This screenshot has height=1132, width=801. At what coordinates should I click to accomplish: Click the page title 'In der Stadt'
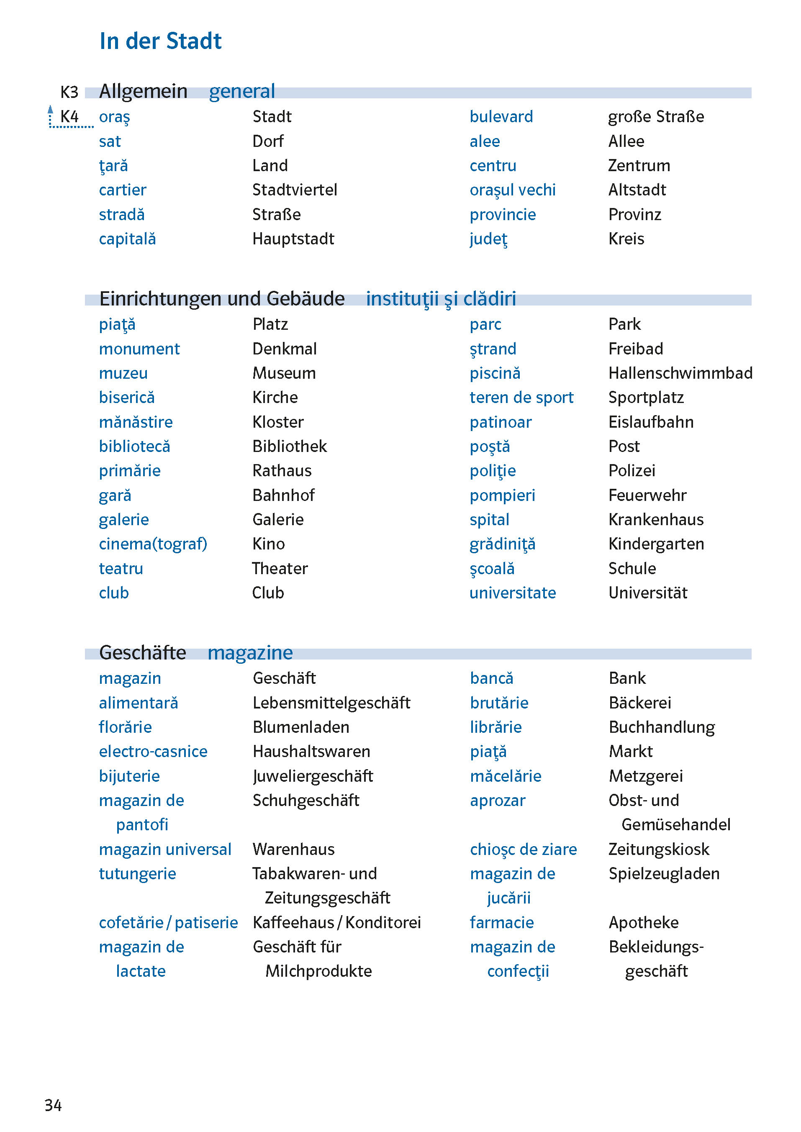160,41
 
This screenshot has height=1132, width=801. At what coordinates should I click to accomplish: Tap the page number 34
53,1105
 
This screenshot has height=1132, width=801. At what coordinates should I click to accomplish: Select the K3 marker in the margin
69,92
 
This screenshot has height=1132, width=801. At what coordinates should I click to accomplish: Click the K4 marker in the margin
69,117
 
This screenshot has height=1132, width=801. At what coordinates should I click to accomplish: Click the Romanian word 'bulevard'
501,117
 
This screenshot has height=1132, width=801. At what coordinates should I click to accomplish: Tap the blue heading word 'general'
242,92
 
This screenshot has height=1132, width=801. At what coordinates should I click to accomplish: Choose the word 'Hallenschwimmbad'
680,373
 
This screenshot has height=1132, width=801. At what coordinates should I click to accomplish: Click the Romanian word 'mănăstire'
136,422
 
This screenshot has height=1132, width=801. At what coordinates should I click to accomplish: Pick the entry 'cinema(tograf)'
153,544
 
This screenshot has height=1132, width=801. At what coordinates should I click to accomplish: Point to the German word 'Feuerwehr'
647,495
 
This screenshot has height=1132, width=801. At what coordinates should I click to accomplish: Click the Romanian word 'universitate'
513,593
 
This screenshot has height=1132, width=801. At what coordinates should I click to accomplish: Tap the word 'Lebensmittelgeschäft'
331,703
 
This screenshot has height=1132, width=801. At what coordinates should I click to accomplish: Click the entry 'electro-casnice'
153,752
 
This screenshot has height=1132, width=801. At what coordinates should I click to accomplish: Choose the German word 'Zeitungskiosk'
658,850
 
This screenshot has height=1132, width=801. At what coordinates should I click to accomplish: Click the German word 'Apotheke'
643,923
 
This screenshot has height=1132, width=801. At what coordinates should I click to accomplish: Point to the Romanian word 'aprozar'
497,801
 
